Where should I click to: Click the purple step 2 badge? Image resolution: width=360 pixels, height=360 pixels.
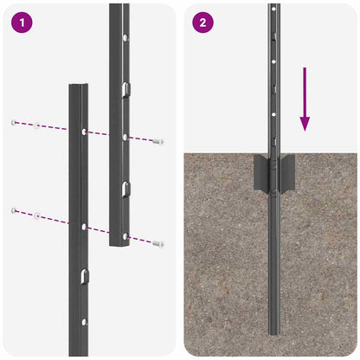[x=202, y=22]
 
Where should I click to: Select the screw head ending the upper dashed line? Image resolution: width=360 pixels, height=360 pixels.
[x=157, y=141]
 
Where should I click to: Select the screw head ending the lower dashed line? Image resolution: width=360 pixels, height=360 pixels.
[x=157, y=244]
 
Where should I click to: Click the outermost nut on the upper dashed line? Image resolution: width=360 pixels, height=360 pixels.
[x=14, y=122]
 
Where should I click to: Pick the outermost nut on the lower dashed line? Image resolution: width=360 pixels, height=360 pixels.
[x=14, y=210]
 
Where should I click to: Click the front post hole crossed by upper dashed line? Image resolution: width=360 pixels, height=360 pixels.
[x=83, y=132]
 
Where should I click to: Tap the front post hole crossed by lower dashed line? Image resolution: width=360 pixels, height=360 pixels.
[x=83, y=225]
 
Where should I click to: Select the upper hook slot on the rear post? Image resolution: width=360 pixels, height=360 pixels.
[x=125, y=87]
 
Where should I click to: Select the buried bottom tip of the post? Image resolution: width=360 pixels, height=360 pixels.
[x=273, y=331]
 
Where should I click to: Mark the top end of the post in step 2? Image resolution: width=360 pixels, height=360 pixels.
[x=273, y=5]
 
